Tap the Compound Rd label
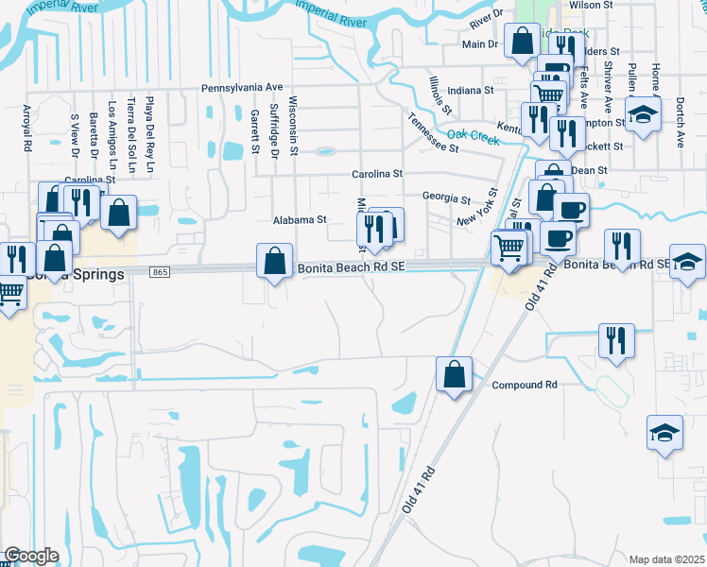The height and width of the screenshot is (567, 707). [x=525, y=386]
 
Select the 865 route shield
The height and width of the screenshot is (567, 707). [x=160, y=272]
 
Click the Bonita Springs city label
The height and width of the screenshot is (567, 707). [x=76, y=275]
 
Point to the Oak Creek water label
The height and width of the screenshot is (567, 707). [x=472, y=135]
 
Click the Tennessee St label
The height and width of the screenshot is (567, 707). [x=434, y=133]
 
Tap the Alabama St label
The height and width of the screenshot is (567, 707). [x=299, y=219]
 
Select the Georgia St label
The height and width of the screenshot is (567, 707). [x=446, y=199]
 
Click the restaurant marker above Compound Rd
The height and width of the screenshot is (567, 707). [x=616, y=339]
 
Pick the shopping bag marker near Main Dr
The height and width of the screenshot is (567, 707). [x=522, y=42]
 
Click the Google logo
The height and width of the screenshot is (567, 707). [x=31, y=556]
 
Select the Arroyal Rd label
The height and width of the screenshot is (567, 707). [x=28, y=129]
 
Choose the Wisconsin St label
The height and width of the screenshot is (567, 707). [x=294, y=121]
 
